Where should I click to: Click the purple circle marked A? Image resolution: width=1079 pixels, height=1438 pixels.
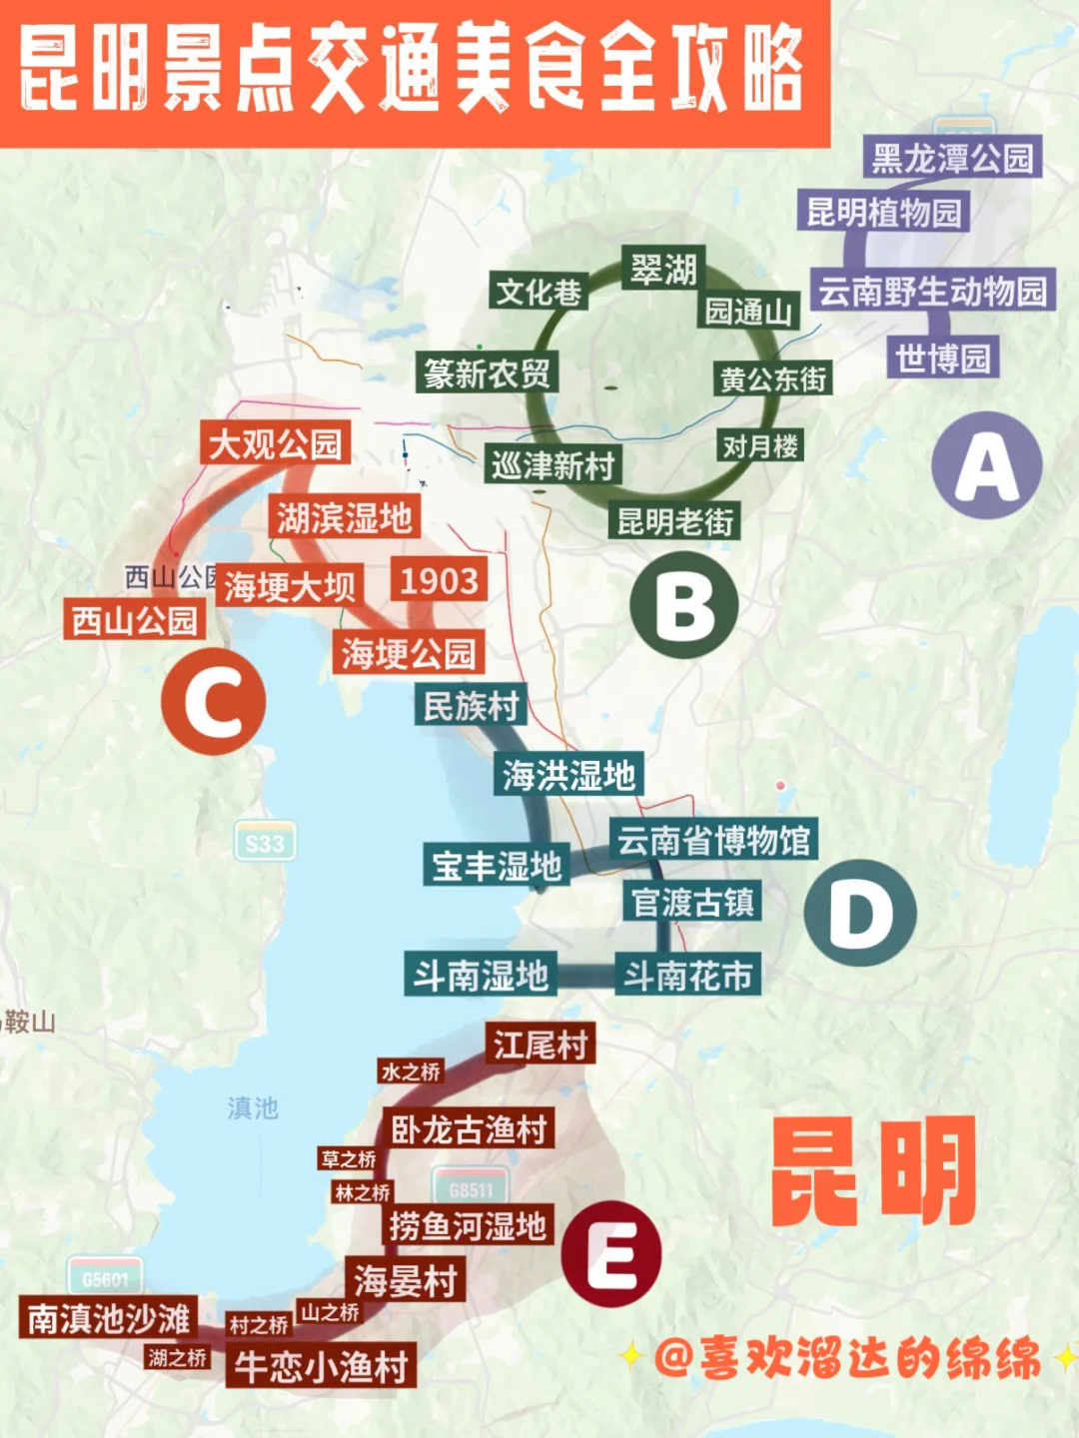(986, 465)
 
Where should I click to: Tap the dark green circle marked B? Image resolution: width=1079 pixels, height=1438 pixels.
(684, 605)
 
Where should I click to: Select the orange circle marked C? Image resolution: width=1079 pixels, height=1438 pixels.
(213, 701)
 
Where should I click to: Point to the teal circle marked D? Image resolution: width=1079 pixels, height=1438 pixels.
(860, 913)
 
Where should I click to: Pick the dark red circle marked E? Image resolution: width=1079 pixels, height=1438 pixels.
(611, 1254)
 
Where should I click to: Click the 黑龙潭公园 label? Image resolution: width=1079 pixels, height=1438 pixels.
(951, 158)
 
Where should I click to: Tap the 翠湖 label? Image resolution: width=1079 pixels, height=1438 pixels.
(662, 269)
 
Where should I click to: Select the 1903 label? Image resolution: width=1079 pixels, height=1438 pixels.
(439, 580)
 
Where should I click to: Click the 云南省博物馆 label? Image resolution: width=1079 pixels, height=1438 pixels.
(713, 840)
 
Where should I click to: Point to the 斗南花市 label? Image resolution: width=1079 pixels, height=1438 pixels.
(687, 975)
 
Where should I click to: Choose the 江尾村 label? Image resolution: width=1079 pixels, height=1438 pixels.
(539, 1045)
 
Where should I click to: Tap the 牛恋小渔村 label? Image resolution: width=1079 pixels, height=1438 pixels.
(321, 1366)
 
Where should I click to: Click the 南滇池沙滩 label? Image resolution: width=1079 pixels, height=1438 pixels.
(108, 1318)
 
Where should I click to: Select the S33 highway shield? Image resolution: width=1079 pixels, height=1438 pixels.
(265, 843)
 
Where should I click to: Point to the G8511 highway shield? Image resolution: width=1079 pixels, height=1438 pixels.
(471, 1188)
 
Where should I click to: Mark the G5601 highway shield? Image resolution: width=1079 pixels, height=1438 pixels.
(105, 1278)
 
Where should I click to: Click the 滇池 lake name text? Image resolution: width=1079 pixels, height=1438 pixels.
(252, 1107)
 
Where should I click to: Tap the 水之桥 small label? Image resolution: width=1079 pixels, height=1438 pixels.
(410, 1072)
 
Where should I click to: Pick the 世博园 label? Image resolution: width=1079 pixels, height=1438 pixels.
(942, 358)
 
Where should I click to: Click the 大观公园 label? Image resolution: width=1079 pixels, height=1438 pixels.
(275, 443)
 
